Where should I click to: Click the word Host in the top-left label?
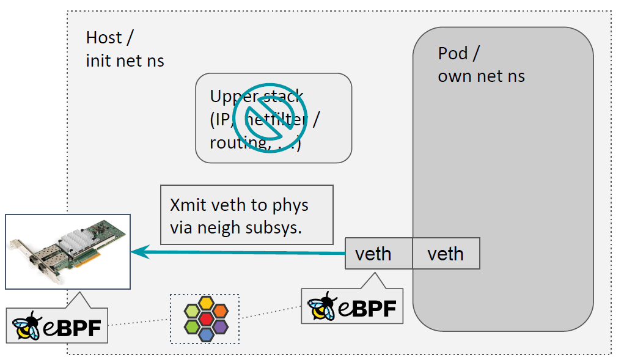tap(105, 38)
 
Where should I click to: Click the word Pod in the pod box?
tap(453, 54)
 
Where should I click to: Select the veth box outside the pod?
tap(373, 254)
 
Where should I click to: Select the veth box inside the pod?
tap(445, 254)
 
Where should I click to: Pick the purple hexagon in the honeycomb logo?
tap(220, 326)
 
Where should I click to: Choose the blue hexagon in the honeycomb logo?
tap(207, 334)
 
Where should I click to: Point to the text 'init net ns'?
tap(125, 61)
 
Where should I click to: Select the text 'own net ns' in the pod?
tap(481, 76)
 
